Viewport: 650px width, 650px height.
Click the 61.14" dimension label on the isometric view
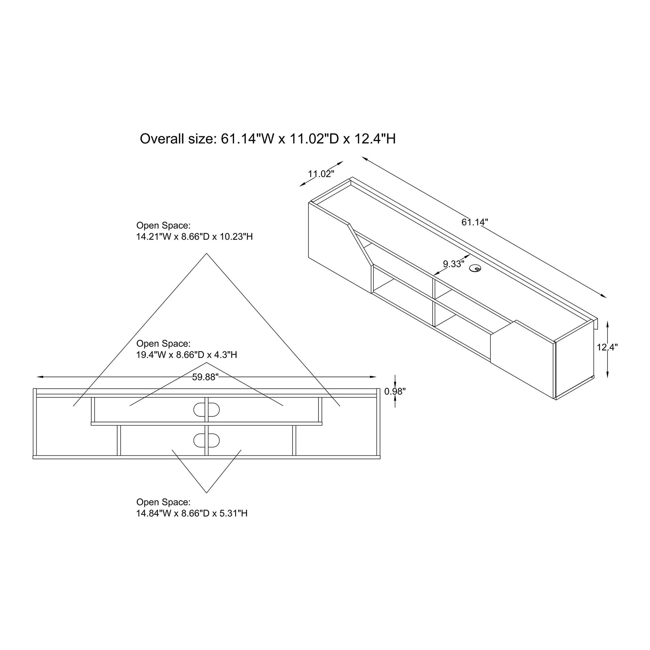(474, 222)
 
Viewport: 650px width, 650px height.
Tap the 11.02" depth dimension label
(321, 174)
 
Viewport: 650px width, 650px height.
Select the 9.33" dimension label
(453, 264)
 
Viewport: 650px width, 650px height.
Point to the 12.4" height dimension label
(607, 347)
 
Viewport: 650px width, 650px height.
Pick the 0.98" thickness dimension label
(395, 391)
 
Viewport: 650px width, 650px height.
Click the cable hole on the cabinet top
(475, 268)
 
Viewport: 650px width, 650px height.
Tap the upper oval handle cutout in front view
(207, 409)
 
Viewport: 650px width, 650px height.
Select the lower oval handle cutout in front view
(207, 440)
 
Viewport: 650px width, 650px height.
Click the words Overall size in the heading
(175, 139)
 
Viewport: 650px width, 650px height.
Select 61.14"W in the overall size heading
(248, 139)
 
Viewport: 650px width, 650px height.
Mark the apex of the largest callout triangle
(207, 254)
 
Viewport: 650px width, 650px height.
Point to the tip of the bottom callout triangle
(207, 493)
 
